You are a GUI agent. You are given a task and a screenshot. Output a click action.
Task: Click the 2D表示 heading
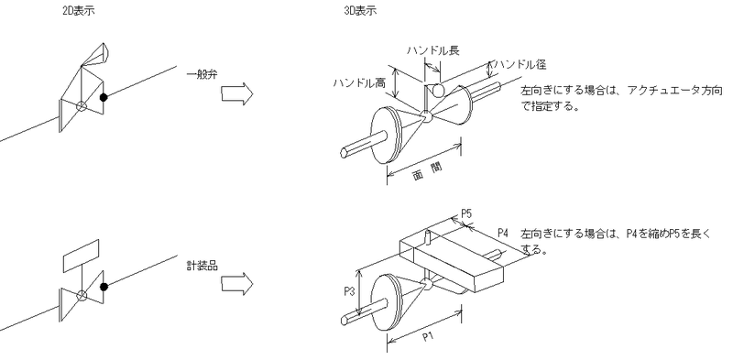coord(79,11)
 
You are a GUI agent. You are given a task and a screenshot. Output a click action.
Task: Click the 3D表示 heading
coord(360,11)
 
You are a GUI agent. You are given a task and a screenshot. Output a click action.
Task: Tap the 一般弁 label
coord(202,75)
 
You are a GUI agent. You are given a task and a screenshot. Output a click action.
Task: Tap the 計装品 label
coord(202,267)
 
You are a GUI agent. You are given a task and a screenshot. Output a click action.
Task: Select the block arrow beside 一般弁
coord(237,94)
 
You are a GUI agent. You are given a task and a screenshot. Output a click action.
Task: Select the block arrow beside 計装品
coord(237,284)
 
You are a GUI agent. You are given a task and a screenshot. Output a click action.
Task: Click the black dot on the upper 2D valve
coord(104,97)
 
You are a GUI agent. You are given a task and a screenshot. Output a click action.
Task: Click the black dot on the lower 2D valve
coord(104,287)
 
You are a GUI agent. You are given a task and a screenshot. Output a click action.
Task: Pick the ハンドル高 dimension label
coord(359,83)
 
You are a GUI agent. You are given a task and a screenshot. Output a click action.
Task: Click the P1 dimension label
coord(428,336)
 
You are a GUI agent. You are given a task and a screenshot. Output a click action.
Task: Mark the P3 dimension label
coord(350,292)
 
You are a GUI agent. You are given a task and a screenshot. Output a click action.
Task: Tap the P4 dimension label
coord(502,233)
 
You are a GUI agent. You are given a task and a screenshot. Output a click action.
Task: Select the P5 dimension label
coord(466,214)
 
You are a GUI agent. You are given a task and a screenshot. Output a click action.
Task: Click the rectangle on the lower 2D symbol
coord(81,256)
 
